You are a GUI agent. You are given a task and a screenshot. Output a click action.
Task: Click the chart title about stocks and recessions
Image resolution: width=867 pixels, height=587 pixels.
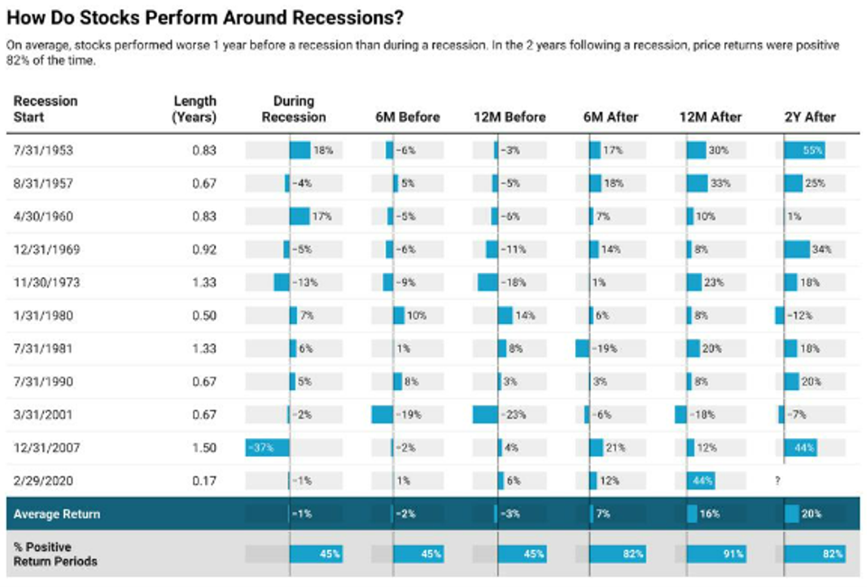[205, 18]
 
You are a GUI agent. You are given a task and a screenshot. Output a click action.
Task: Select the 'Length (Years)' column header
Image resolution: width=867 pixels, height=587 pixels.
[194, 108]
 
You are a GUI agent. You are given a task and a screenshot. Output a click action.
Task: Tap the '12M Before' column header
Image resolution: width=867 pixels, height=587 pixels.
[509, 116]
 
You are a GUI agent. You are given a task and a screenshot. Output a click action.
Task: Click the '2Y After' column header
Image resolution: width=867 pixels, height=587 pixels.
[810, 116]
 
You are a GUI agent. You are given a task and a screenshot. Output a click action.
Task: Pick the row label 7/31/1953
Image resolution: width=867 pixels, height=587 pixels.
[43, 150]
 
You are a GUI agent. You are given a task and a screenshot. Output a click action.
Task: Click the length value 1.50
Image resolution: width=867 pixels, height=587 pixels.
[204, 447]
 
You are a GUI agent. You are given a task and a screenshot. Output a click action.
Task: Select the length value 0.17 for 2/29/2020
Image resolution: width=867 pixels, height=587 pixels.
[204, 480]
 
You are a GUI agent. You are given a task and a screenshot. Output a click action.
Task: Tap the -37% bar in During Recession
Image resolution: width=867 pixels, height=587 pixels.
[267, 447]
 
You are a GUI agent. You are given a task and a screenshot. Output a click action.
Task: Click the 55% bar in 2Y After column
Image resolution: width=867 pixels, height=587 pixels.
[805, 150]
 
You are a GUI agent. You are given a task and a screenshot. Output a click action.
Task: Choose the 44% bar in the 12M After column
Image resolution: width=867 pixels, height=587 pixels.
[703, 480]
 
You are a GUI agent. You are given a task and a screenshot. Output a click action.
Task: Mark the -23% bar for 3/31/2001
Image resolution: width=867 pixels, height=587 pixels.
[485, 415]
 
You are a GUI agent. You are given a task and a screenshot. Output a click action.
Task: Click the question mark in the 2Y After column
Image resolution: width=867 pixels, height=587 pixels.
[777, 480]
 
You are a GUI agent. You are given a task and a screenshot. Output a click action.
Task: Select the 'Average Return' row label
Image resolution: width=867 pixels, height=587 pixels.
[56, 514]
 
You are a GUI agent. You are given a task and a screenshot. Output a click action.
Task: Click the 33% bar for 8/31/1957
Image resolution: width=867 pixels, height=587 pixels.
[697, 183]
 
